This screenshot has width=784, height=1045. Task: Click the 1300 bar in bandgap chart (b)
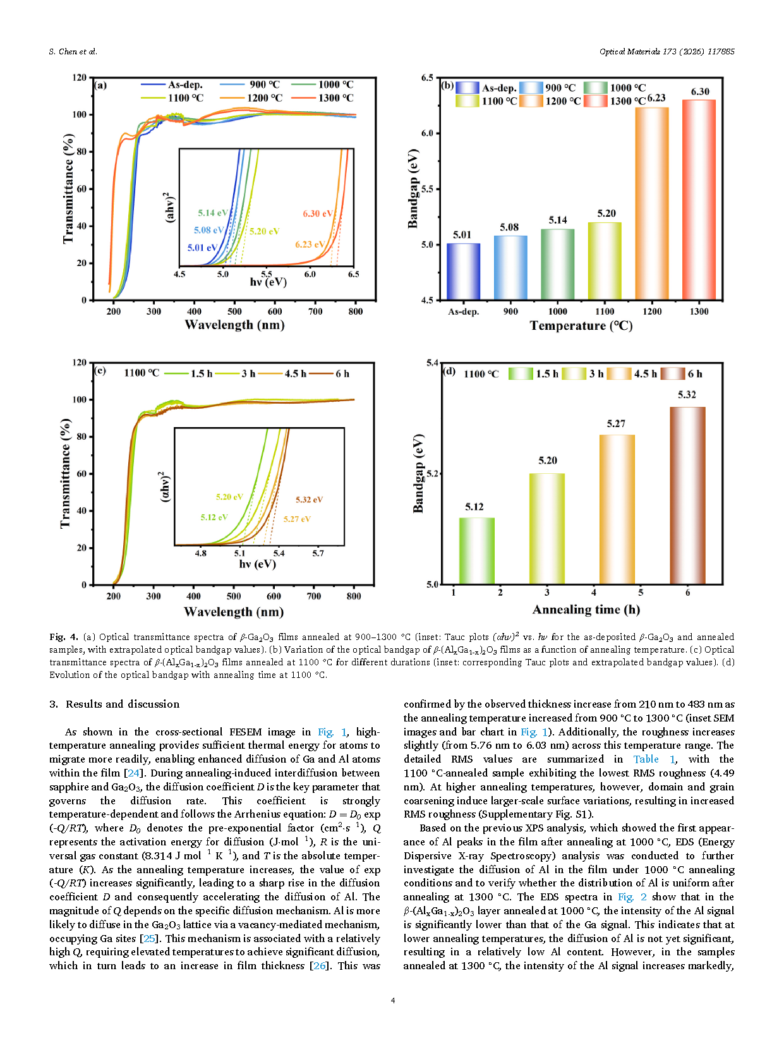(x=699, y=199)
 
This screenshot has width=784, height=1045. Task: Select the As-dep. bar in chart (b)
(x=463, y=271)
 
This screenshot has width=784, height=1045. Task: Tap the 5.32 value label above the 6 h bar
(x=687, y=395)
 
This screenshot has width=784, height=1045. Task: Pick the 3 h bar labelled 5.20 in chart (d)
(x=547, y=528)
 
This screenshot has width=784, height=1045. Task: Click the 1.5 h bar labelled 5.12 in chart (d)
(x=477, y=550)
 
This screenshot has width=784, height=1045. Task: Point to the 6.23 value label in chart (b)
(x=656, y=98)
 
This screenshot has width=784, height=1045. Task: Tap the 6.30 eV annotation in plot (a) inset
(x=318, y=214)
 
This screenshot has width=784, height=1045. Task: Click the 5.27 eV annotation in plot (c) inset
(x=297, y=519)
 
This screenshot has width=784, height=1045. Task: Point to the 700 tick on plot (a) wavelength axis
(x=315, y=311)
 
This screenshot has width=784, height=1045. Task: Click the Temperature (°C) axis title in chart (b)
(x=581, y=325)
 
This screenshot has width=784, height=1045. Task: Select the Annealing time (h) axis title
(x=586, y=610)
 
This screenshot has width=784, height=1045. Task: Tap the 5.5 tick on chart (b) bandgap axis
(x=427, y=189)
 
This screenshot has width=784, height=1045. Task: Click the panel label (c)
(x=100, y=371)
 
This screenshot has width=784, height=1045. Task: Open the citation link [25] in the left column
(x=150, y=938)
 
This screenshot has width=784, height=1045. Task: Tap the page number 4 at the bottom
(x=392, y=1000)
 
